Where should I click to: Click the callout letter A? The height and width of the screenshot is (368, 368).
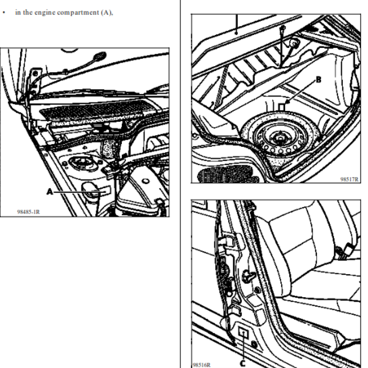(50, 192)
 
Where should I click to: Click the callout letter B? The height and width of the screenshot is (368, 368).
(318, 80)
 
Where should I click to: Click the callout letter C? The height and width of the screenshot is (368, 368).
(242, 363)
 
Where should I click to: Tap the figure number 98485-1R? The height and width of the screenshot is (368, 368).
(29, 212)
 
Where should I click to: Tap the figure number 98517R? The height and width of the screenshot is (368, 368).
(350, 179)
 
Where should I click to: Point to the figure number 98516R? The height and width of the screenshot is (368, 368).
(201, 365)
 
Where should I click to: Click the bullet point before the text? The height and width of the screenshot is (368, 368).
(4, 12)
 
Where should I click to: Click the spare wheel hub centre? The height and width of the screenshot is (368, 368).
(280, 138)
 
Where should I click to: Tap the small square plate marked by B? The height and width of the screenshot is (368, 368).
(282, 107)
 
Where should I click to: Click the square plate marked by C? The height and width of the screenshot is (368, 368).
(243, 333)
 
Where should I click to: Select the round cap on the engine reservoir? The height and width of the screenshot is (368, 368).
(145, 181)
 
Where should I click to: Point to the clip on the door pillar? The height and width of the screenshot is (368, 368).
(248, 275)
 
